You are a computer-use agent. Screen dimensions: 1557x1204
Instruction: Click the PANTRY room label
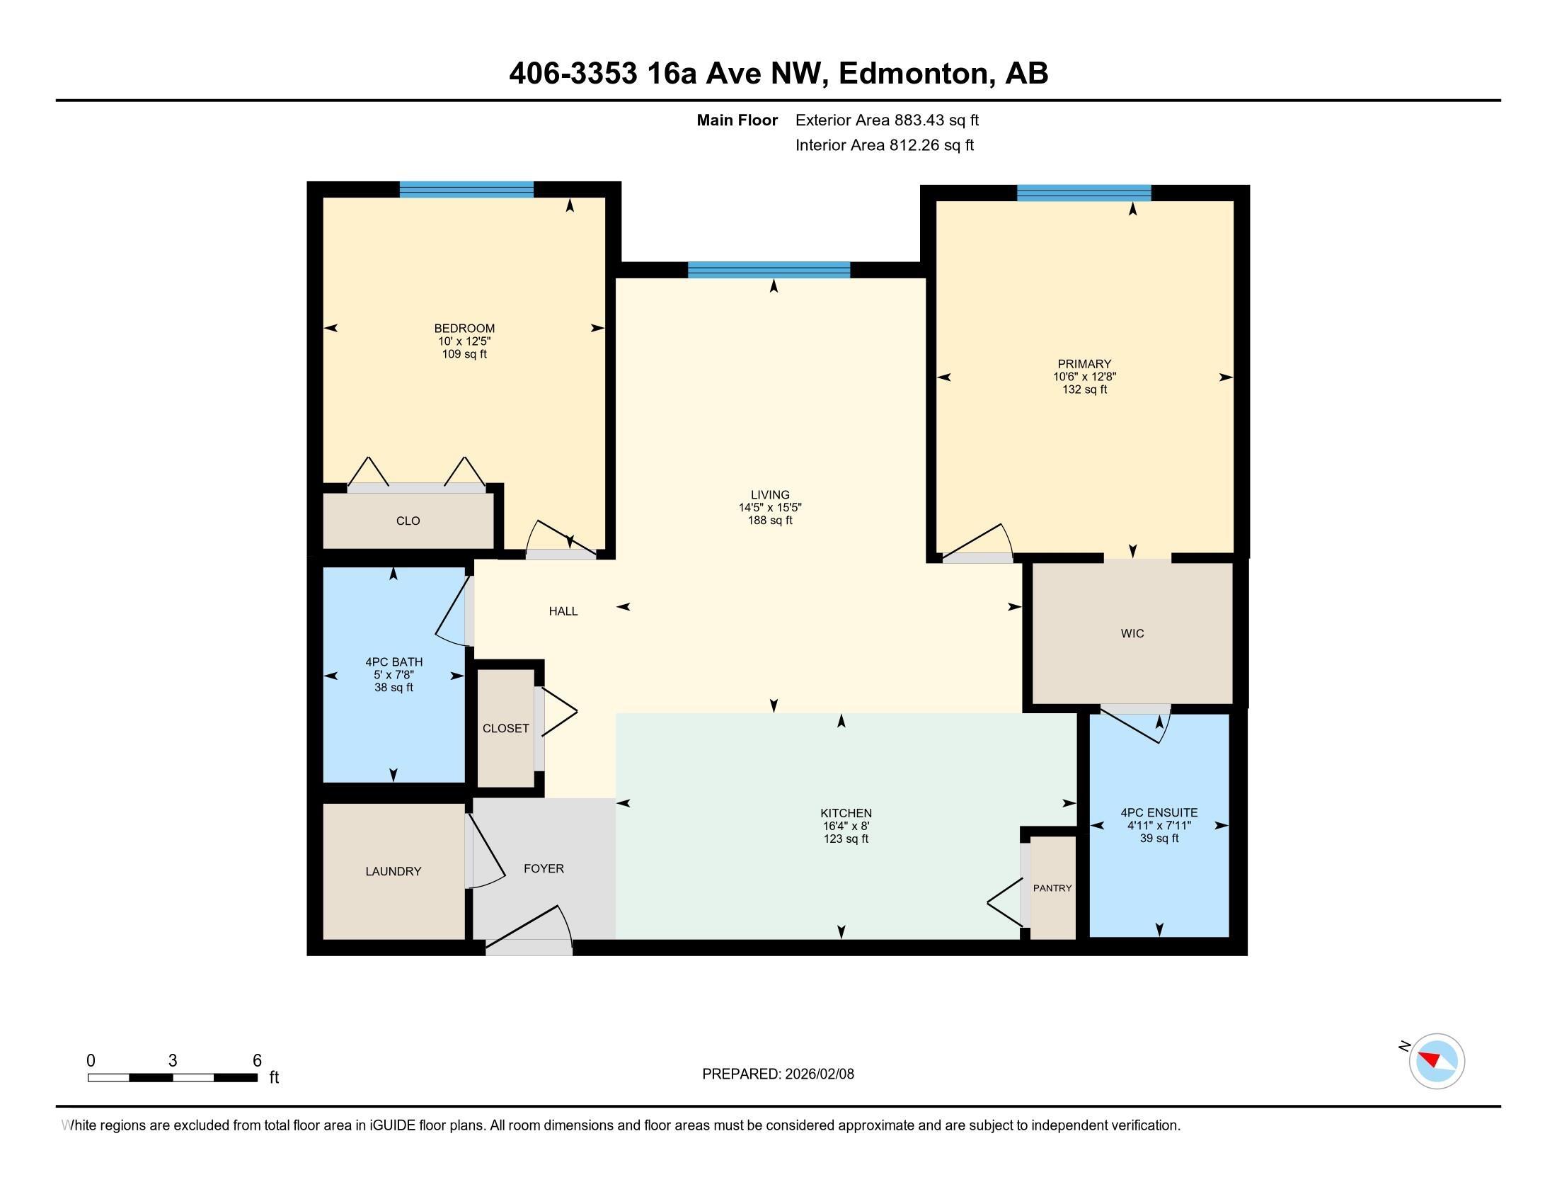click(x=1052, y=888)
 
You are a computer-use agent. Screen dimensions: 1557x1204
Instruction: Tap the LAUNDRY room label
click(x=393, y=871)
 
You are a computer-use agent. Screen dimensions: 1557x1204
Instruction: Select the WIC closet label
click(x=1132, y=633)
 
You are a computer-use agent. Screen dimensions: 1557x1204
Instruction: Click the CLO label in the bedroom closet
click(x=408, y=521)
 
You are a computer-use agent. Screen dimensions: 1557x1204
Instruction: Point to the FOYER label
click(x=544, y=868)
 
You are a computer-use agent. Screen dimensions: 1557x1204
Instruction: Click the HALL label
click(x=563, y=611)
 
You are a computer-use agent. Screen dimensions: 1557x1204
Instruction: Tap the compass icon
click(x=1437, y=1062)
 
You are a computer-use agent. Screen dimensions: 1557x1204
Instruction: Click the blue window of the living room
click(x=769, y=270)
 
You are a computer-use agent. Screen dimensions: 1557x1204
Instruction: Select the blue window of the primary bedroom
click(x=1084, y=193)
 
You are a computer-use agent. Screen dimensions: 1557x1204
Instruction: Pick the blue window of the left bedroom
click(x=466, y=190)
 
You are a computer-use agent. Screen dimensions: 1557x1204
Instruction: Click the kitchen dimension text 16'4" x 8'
click(x=846, y=826)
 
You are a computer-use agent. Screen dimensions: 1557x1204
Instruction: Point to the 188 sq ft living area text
click(x=770, y=521)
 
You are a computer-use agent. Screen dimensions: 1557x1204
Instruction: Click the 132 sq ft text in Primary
click(x=1084, y=390)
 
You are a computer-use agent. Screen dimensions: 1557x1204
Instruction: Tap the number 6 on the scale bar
click(x=258, y=1060)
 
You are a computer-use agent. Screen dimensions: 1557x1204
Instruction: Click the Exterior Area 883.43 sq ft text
click(x=887, y=120)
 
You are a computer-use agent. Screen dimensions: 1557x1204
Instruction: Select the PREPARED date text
click(x=778, y=1074)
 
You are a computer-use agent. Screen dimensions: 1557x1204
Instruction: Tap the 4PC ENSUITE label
click(x=1159, y=812)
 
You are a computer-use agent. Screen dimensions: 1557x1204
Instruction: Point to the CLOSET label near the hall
click(x=505, y=728)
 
